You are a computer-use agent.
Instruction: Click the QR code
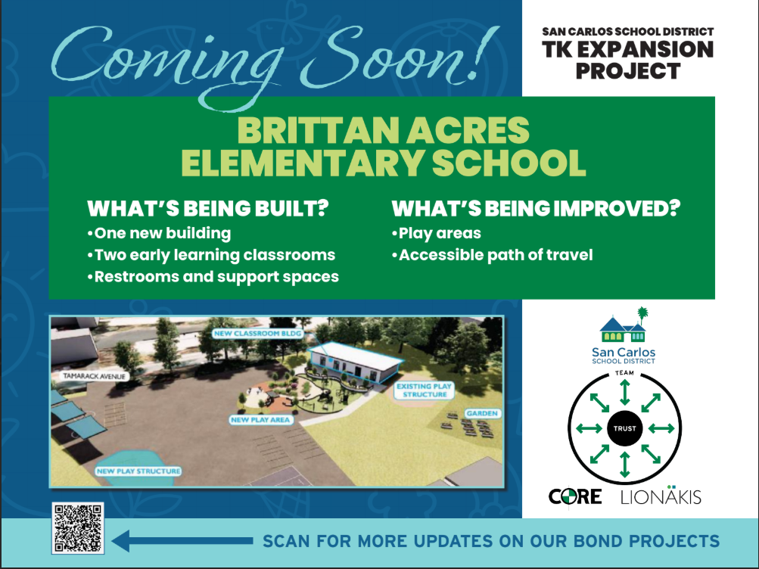pos(78,527)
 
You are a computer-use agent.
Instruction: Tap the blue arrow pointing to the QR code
pos(182,540)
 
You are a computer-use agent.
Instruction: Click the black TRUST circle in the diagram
pos(624,429)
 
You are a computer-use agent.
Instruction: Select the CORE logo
pos(575,497)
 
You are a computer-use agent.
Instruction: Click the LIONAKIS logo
pos(661,497)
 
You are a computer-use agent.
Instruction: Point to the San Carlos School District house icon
pos(624,326)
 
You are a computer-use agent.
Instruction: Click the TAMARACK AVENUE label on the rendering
pos(93,375)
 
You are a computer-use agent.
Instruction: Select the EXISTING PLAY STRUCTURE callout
pos(425,390)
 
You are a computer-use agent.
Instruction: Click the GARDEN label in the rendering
pos(481,413)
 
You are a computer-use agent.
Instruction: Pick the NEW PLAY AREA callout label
pos(261,418)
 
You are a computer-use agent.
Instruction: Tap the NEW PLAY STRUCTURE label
pos(139,471)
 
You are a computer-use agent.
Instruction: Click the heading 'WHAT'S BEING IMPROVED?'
pos(535,208)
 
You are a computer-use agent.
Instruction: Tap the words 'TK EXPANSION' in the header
pos(627,51)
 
